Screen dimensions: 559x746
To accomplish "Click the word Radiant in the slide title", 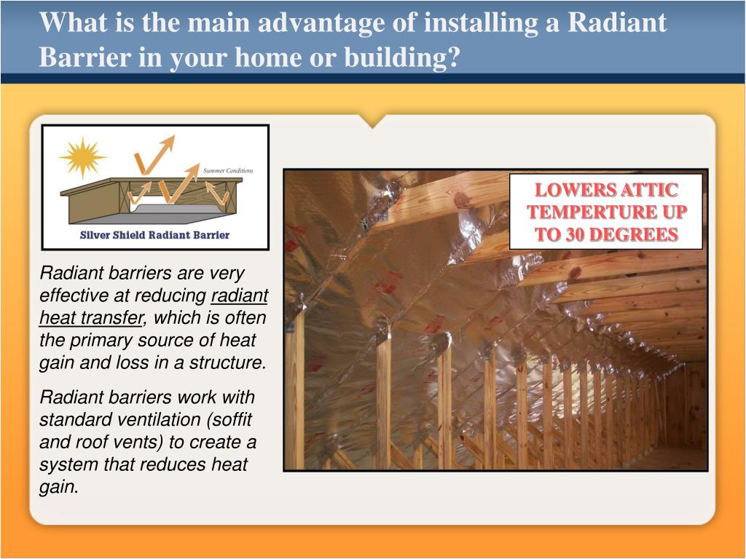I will click(x=616, y=22).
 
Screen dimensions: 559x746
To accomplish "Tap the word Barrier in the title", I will click(x=85, y=57).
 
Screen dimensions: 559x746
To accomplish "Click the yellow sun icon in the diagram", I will click(x=82, y=157).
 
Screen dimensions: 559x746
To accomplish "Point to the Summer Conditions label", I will click(x=228, y=170).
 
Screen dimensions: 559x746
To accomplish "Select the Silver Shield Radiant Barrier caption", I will click(x=154, y=234).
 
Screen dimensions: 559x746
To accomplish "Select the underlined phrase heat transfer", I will click(x=92, y=317).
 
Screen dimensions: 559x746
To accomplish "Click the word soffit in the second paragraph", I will click(x=232, y=419).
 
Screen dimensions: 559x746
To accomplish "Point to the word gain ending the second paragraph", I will click(x=57, y=487).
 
